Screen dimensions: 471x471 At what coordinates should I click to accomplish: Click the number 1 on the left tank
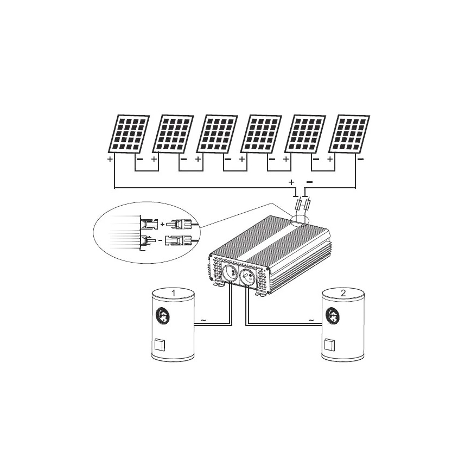point(173,293)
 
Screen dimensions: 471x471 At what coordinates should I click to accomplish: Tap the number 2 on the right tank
point(343,293)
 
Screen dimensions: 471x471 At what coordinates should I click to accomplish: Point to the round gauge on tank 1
point(163,314)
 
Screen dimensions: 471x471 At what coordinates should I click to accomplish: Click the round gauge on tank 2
point(333,314)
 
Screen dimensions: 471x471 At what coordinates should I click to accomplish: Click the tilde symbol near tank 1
point(203,320)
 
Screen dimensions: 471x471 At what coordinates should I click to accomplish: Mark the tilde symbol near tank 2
point(311,320)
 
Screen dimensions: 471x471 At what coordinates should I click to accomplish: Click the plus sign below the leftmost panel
point(110,160)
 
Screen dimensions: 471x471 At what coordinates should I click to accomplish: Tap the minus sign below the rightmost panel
point(361,160)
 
